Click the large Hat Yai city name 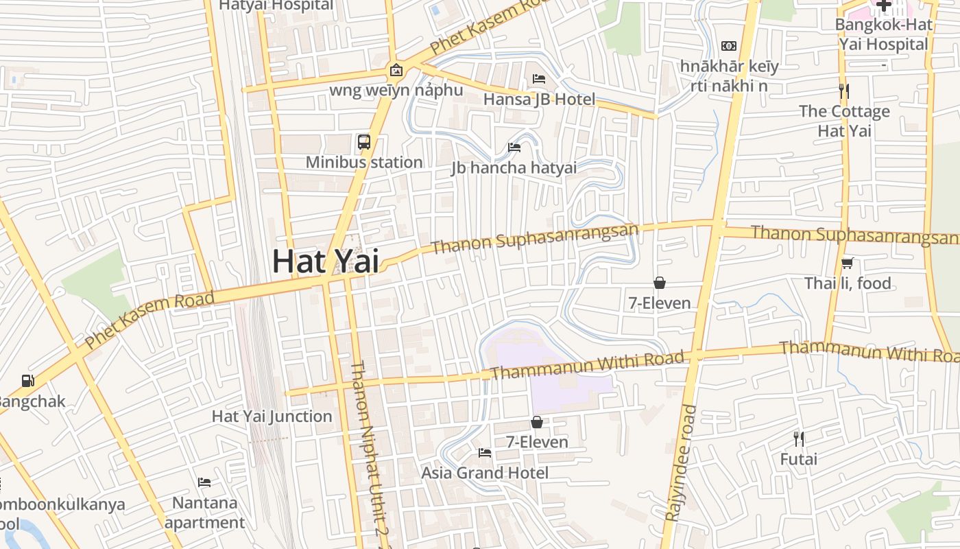pos(325,261)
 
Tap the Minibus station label pos(363,163)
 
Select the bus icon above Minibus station pos(364,142)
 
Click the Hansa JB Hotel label pos(539,99)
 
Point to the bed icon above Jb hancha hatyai pos(514,147)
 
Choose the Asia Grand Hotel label pos(484,473)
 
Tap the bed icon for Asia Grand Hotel pos(484,453)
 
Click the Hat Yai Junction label pos(272,417)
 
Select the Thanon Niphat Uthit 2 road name pos(366,453)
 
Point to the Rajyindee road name pos(681,463)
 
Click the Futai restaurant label pos(798,459)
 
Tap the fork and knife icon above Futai pos(798,439)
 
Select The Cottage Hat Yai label pos(844,121)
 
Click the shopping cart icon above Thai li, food pos(848,263)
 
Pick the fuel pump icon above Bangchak pos(27,380)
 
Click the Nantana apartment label pos(204,513)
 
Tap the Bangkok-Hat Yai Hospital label pos(884,34)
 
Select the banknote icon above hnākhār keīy pos(729,46)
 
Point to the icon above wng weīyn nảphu pos(396,69)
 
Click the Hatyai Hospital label pos(276,5)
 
